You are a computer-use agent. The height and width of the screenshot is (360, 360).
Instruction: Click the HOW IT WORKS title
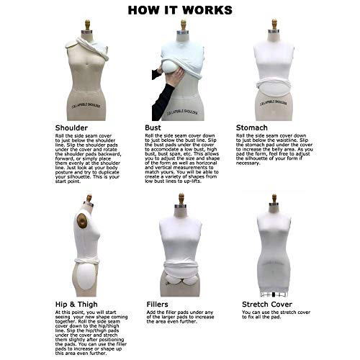tap(179, 10)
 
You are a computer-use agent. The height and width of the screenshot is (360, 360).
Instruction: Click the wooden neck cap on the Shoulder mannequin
tap(87, 25)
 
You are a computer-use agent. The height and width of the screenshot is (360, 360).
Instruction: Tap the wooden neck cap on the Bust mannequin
tap(183, 25)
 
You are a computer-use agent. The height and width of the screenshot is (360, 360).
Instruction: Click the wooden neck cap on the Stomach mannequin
tap(274, 24)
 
